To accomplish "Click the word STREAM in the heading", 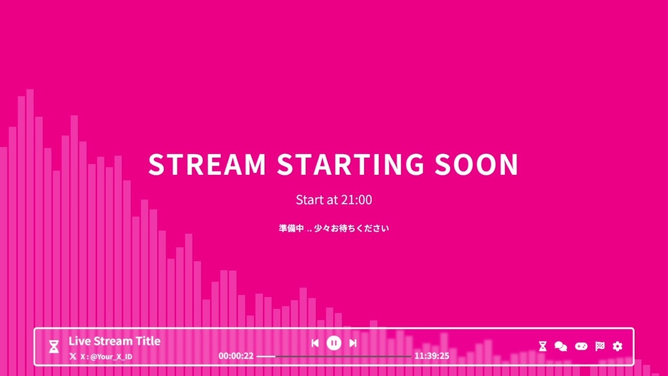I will point(207,164).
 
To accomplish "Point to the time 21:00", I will point(356,200).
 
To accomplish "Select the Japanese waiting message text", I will point(333,228).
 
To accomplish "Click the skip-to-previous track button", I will point(315,343).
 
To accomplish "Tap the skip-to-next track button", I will point(353,343).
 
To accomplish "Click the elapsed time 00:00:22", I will point(236,356).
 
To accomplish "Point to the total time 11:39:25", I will point(432,356).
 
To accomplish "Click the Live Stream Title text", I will point(114,341).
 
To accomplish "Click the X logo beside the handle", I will point(73,356).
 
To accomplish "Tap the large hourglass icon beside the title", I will point(54,347).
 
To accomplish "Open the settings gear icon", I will point(618,346).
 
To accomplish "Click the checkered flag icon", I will point(600,346).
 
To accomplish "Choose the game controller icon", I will point(581,346).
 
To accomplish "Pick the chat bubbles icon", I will point(561,346).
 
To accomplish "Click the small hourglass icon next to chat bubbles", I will point(543,346).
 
